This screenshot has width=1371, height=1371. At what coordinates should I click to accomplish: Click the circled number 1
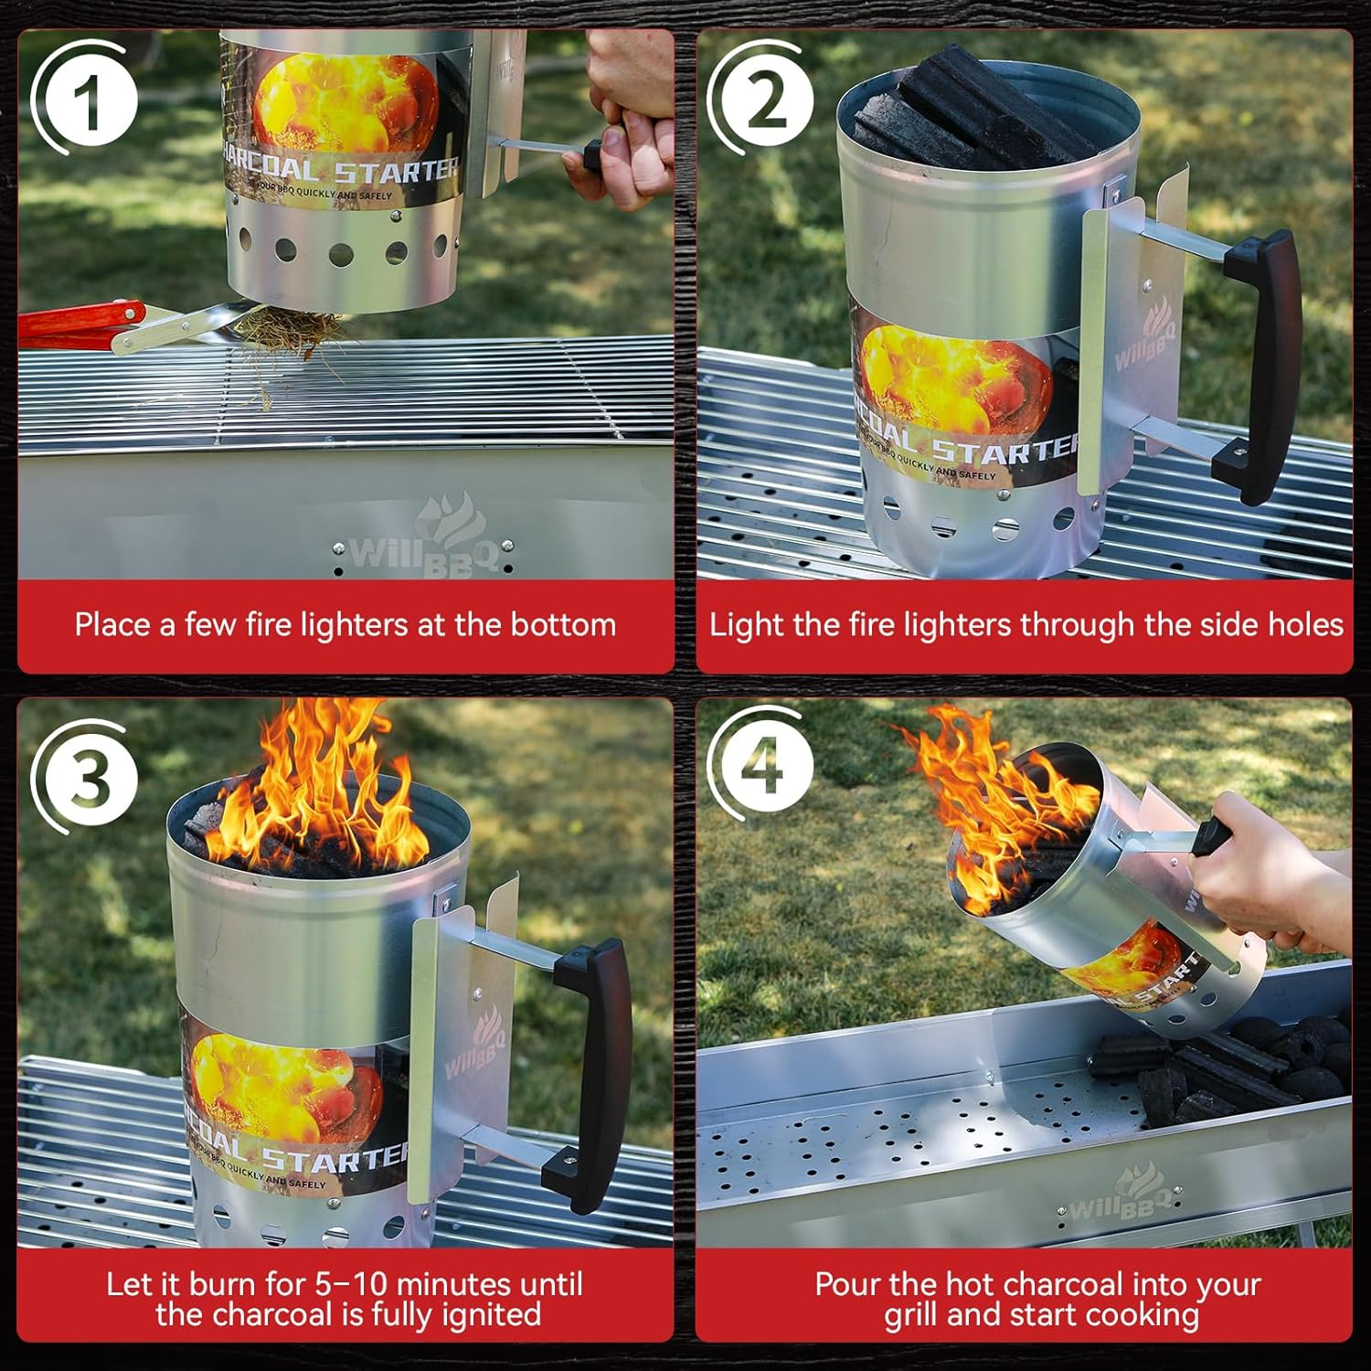tap(88, 100)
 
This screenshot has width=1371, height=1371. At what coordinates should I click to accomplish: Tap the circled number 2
tap(766, 100)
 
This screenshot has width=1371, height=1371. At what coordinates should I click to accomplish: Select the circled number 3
tap(89, 776)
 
